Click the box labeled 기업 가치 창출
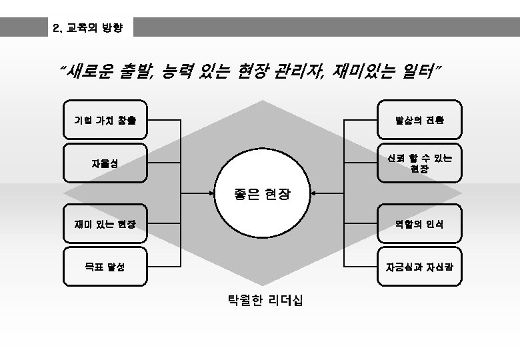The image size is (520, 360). (x=105, y=120)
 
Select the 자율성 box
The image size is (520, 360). (x=105, y=163)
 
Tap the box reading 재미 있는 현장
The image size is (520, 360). (x=105, y=224)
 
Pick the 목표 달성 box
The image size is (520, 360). (x=105, y=267)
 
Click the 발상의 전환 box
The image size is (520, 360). (x=419, y=120)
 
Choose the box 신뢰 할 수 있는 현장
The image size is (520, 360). (x=419, y=163)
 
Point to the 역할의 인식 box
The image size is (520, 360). (x=419, y=224)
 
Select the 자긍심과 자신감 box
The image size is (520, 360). (x=419, y=267)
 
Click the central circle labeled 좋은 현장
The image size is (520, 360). (x=262, y=193)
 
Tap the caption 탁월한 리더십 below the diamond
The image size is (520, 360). (x=265, y=301)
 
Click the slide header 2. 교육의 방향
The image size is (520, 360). (x=89, y=28)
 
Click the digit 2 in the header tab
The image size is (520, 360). (x=55, y=29)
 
